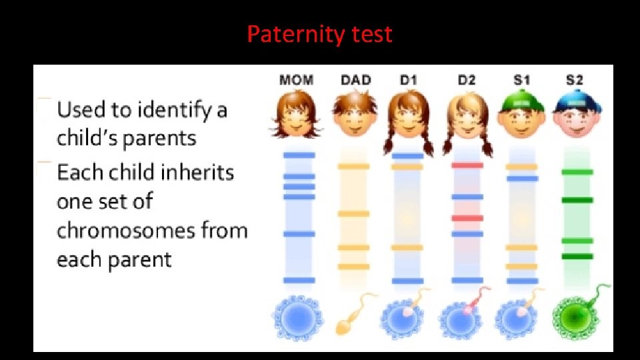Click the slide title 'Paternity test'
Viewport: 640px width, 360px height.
click(x=319, y=33)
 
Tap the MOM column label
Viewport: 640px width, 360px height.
click(x=296, y=80)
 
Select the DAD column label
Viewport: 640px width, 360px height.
click(x=356, y=80)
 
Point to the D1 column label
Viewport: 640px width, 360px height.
click(x=408, y=80)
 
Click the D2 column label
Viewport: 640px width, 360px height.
click(x=467, y=80)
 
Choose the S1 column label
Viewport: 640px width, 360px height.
click(x=522, y=80)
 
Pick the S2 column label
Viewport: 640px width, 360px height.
click(x=575, y=80)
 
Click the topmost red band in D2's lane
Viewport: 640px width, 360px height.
click(x=467, y=165)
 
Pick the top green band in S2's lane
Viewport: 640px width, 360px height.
click(x=577, y=172)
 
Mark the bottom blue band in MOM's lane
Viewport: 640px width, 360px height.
click(x=298, y=280)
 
